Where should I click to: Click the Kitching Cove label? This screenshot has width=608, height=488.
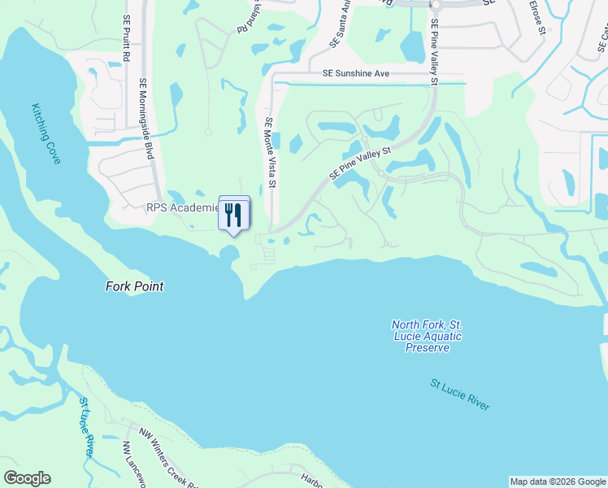pyautogui.click(x=46, y=133)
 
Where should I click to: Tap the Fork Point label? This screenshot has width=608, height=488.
pyautogui.click(x=134, y=286)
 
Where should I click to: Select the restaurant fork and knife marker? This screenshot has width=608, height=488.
pyautogui.click(x=233, y=216)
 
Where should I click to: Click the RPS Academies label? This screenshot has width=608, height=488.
pyautogui.click(x=183, y=207)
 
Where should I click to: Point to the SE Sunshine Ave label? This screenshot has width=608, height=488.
pyautogui.click(x=356, y=73)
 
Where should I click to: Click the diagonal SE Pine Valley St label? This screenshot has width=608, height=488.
pyautogui.click(x=361, y=163)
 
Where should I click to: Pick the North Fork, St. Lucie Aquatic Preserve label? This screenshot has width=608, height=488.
pyautogui.click(x=426, y=336)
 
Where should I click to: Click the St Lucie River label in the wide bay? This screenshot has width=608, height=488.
pyautogui.click(x=459, y=394)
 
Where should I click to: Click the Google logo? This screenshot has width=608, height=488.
pyautogui.click(x=27, y=478)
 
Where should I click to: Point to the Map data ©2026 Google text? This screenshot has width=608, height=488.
pyautogui.click(x=558, y=481)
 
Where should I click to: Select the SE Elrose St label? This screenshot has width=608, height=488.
pyautogui.click(x=536, y=18)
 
